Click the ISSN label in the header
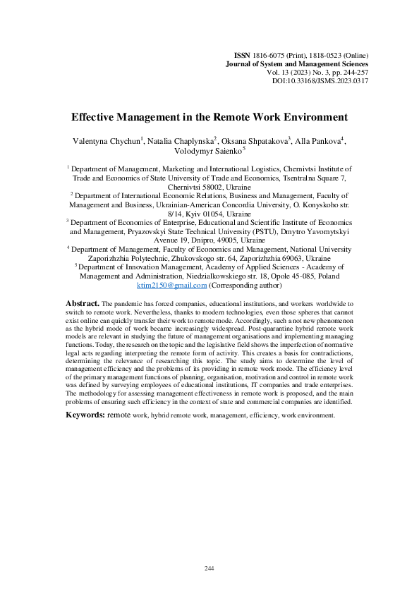tap(242, 55)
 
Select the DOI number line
tap(320, 81)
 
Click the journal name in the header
tap(296, 63)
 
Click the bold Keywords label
tap(85, 415)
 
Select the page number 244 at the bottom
tap(209, 568)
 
